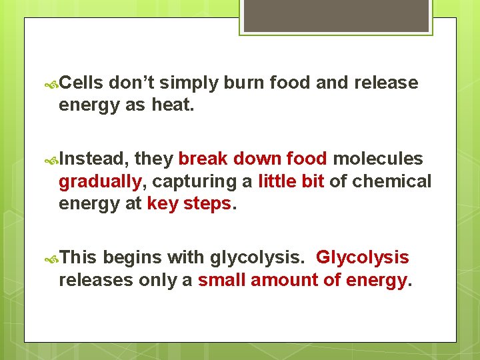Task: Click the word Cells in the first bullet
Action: pos(81,83)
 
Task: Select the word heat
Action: pos(173,105)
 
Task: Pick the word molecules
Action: pos(377,159)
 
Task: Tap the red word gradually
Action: pos(100,181)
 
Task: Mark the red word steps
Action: pos(207,203)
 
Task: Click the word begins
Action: pos(133,257)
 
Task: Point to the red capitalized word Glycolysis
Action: pos(362,257)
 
